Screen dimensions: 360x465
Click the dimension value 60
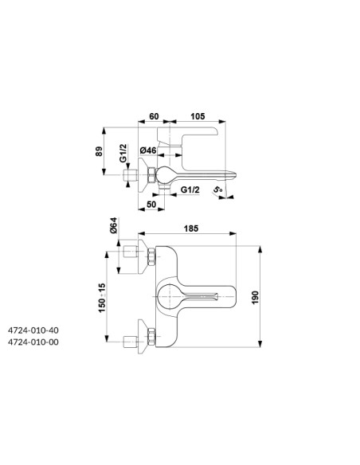(154, 116)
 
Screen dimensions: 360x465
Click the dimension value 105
(198, 116)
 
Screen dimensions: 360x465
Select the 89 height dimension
(99, 151)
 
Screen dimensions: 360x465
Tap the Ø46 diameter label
(148, 150)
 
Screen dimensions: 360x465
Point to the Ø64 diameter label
(114, 225)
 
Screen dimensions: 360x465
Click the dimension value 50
(151, 205)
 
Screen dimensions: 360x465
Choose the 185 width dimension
(191, 229)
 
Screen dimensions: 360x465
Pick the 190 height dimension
(255, 297)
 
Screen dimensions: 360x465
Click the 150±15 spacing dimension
(102, 298)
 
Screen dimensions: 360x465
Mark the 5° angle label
(217, 190)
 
